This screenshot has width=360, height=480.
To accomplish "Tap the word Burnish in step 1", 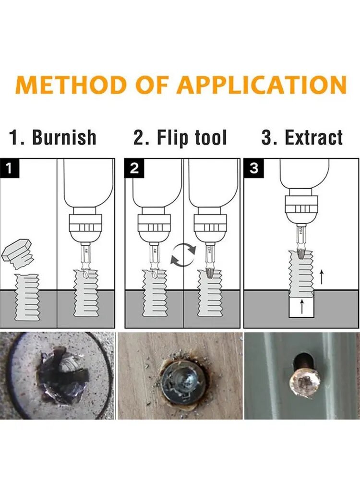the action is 64,137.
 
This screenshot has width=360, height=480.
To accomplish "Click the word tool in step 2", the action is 211,137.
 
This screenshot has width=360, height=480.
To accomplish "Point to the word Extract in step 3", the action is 314,137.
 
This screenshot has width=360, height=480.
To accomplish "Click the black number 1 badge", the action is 10,168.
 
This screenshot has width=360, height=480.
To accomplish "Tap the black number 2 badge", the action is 134,168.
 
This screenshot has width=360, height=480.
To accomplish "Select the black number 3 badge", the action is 253,168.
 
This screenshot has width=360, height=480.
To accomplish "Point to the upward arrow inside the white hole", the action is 302,307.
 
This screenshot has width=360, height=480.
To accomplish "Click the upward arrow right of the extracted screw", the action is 321,277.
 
